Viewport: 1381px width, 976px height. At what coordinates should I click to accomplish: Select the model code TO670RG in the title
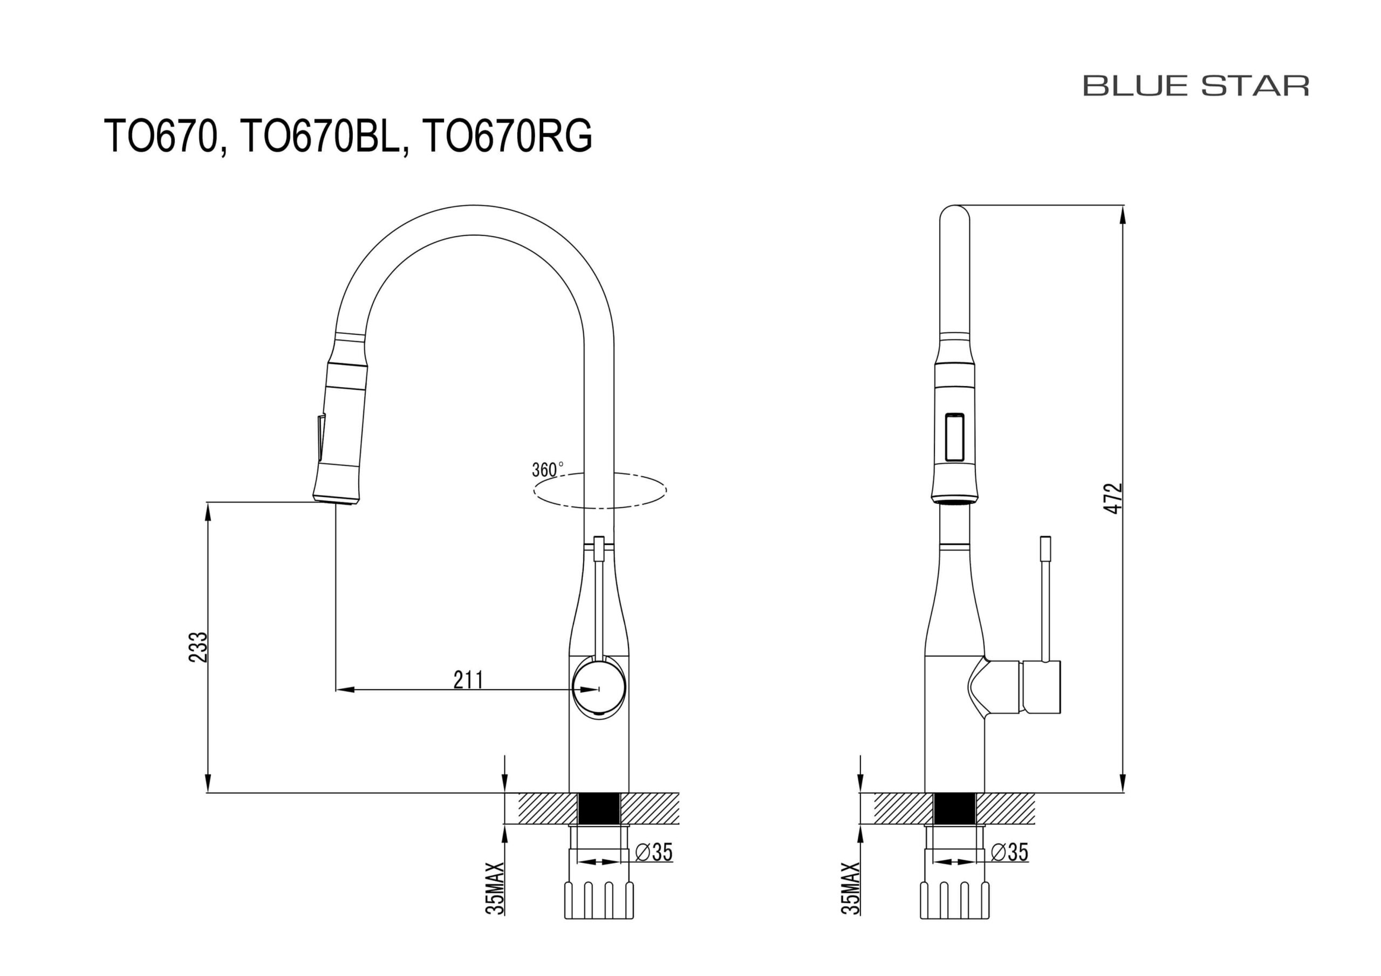point(508,136)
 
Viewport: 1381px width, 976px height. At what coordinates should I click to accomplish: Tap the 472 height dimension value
point(1114,498)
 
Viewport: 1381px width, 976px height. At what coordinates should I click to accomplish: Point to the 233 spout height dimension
point(198,647)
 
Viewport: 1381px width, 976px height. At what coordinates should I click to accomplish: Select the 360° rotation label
point(548,469)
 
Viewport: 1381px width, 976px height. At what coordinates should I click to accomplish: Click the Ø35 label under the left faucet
point(654,852)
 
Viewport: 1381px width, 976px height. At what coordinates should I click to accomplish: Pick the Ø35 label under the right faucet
point(1010,852)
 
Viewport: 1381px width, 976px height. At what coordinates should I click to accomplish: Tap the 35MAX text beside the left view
point(495,888)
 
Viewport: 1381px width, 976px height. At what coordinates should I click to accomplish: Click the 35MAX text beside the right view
point(851,888)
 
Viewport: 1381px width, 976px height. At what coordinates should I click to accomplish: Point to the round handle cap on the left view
point(599,687)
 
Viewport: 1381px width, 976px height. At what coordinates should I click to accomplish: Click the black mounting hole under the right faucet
point(954,808)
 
